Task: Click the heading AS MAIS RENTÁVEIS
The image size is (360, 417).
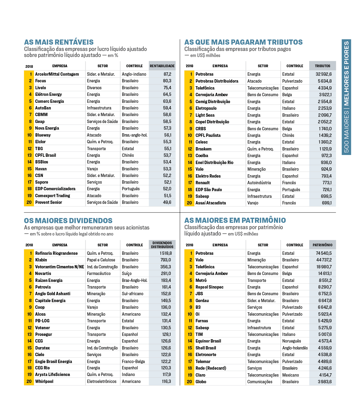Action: click(x=59, y=42)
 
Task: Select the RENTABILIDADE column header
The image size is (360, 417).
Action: click(x=162, y=66)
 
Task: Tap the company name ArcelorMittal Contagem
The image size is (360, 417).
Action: click(x=57, y=74)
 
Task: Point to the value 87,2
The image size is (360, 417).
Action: click(x=167, y=74)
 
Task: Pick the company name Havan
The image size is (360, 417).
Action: click(x=41, y=169)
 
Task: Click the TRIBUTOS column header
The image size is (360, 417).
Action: click(x=322, y=66)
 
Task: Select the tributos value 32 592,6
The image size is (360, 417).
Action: click(x=323, y=74)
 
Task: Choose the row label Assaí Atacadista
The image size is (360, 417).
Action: click(x=211, y=203)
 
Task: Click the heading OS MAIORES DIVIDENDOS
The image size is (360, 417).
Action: click(x=68, y=221)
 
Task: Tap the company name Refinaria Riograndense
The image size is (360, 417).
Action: click(x=56, y=253)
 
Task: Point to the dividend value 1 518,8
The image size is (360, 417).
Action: click(x=166, y=253)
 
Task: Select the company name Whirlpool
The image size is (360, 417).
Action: click(x=44, y=381)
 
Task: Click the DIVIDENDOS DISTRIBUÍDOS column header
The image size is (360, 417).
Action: click(x=162, y=245)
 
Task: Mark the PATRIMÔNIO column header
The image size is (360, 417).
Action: click(x=322, y=245)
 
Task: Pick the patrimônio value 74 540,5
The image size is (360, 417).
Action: click(x=323, y=253)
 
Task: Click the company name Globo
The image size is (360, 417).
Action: click(x=201, y=382)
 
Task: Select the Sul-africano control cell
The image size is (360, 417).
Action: click(x=132, y=294)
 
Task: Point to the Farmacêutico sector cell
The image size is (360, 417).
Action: click(x=99, y=273)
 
